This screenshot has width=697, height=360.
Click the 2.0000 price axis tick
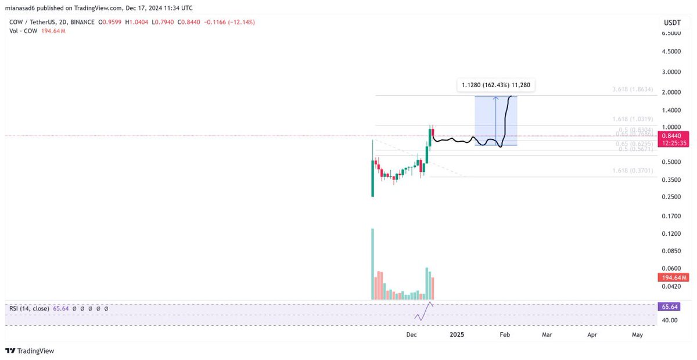[x=671, y=92]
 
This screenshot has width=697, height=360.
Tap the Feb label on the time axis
[x=505, y=335]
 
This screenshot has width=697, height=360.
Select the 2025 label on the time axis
[x=457, y=335]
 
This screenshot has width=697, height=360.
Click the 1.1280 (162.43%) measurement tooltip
[x=495, y=85]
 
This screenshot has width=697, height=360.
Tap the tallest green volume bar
[x=372, y=264]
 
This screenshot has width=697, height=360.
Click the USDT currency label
[x=671, y=22]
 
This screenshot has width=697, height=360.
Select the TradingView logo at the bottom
[x=30, y=351]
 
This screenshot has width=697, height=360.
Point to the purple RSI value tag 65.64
[x=670, y=306]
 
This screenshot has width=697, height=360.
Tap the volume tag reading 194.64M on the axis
[x=671, y=277]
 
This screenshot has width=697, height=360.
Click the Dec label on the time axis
[x=412, y=335]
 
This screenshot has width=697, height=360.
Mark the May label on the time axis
[x=637, y=335]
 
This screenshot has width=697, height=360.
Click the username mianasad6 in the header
[x=23, y=8]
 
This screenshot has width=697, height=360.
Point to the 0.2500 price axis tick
[x=671, y=197]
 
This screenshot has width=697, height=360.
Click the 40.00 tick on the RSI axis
[x=669, y=320]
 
